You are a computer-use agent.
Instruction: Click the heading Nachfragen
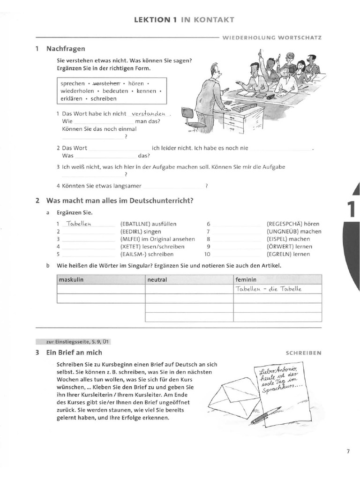tap(66, 48)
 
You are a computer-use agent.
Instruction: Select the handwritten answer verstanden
tap(149, 113)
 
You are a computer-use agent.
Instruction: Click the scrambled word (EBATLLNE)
tap(136, 224)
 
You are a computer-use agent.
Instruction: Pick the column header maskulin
tap(71, 280)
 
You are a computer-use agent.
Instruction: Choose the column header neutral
tap(157, 280)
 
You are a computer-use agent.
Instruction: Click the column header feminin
tap(247, 280)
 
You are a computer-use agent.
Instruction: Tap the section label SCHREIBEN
tap(303, 352)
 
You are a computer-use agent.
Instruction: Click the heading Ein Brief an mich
tap(74, 352)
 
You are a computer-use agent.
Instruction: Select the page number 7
tap(348, 452)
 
